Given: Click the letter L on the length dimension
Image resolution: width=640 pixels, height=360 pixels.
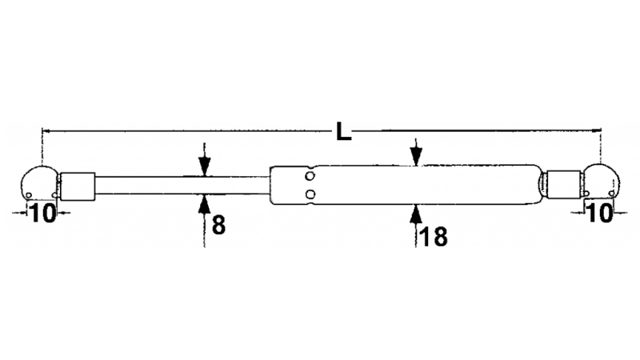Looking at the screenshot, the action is (344, 131).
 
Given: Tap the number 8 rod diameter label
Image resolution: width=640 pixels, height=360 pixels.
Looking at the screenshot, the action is (218, 225).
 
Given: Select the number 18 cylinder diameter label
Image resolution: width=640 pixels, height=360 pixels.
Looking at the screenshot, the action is (433, 237).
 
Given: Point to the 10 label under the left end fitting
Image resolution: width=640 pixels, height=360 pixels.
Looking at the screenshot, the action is (43, 213).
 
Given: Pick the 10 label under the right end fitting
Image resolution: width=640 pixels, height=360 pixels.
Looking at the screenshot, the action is (599, 213).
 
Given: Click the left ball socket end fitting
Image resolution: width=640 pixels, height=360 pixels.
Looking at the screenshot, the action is (39, 183).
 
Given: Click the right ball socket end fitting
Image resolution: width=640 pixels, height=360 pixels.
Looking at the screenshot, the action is (602, 182).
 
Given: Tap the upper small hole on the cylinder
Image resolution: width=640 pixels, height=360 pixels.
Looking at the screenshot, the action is (310, 176).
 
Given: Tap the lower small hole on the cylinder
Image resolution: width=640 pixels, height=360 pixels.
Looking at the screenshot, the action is (310, 194).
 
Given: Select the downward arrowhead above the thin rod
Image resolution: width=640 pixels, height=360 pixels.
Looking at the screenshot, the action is (205, 166).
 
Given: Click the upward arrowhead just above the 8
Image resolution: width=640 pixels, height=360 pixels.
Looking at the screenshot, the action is (204, 204).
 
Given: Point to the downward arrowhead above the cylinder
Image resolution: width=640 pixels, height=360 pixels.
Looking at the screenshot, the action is (416, 156).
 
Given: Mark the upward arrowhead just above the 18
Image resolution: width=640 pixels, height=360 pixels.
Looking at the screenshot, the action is (416, 214).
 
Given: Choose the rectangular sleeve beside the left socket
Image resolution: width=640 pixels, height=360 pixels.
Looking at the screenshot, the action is (78, 186).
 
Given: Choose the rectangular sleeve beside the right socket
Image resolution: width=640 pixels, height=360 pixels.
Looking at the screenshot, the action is (563, 185).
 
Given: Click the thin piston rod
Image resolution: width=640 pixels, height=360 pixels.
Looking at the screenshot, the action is (182, 186).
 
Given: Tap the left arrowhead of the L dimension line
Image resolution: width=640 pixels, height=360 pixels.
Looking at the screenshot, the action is (46, 131).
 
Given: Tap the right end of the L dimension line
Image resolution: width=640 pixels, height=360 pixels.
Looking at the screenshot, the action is (601, 130).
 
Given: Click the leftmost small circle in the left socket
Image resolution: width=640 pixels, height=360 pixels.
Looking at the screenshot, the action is (29, 195).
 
